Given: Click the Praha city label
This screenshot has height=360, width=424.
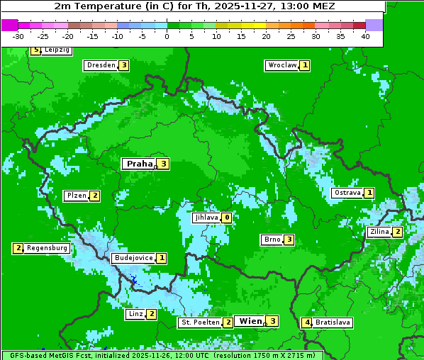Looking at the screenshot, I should (x=139, y=164).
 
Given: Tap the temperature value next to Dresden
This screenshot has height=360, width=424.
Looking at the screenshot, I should (x=123, y=65).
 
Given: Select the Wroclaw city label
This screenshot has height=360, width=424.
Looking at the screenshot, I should (x=281, y=65).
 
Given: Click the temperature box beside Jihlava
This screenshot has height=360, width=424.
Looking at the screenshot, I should (x=226, y=218).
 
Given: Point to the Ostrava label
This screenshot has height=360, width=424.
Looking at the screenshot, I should (x=347, y=193).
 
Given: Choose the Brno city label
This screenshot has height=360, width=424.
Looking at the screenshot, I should (x=272, y=240).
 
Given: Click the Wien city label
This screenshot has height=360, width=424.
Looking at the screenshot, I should (x=250, y=321).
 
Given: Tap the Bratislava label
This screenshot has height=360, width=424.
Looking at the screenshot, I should (x=333, y=322).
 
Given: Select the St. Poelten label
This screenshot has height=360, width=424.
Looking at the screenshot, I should (x=199, y=322).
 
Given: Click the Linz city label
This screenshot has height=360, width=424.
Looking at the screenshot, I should (x=135, y=314).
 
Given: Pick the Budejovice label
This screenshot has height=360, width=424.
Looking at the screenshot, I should (x=133, y=258).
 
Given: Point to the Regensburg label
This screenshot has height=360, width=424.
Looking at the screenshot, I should (x=48, y=248).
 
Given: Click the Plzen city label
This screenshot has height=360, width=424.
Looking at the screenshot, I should (x=76, y=196).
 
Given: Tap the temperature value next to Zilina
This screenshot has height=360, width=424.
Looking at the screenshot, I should (x=398, y=232).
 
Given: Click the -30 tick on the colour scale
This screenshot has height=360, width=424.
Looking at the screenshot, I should (x=18, y=36).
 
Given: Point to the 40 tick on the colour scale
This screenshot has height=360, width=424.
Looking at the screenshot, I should (x=365, y=36).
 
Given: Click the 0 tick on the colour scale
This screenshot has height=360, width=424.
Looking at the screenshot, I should (x=167, y=36).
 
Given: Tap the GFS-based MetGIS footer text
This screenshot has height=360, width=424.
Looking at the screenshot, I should (x=162, y=355).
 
